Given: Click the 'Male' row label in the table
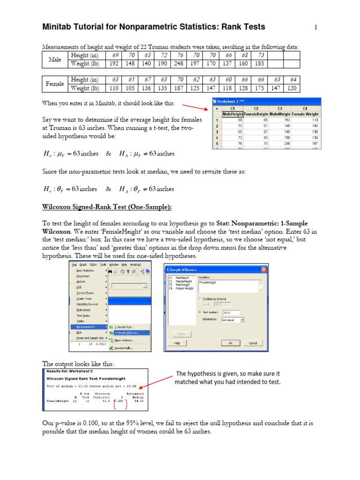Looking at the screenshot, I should coord(55,60).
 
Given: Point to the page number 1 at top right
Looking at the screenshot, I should coord(316,28).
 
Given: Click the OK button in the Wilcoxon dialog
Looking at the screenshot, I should coord(231,343).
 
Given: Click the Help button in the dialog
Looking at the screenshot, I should coord(177,343).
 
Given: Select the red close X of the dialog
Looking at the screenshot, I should coord(264,270).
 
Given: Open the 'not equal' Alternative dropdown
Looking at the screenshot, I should coord(232,320).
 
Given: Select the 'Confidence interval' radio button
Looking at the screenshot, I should coord(200,298).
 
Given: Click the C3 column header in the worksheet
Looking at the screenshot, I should coord(280,108).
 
